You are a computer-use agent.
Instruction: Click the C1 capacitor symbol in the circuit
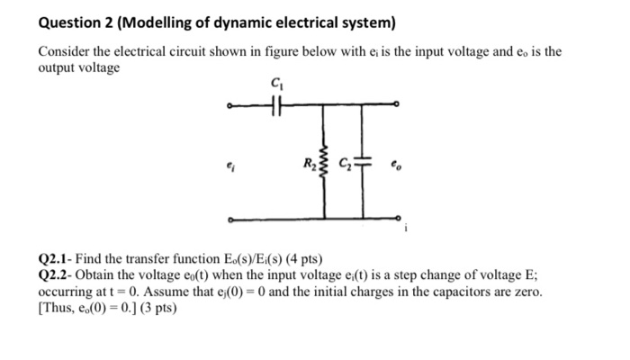(275, 107)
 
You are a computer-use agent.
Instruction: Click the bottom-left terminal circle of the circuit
(230, 220)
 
